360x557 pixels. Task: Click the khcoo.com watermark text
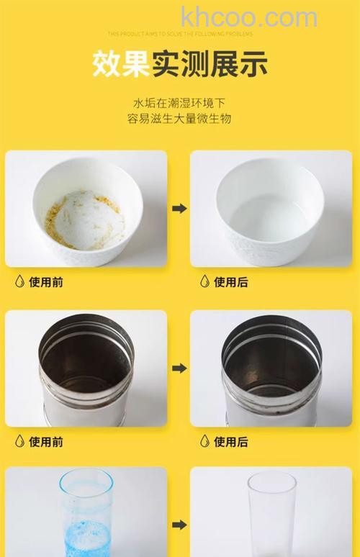pyautogui.click(x=248, y=17)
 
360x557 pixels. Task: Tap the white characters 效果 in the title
pyautogui.click(x=120, y=64)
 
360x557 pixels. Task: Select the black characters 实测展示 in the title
pyautogui.click(x=209, y=64)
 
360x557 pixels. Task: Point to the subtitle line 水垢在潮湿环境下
pyautogui.click(x=180, y=102)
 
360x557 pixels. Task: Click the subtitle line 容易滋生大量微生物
pyautogui.click(x=180, y=119)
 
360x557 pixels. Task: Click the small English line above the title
pyautogui.click(x=180, y=33)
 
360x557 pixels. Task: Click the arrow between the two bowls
pyautogui.click(x=179, y=209)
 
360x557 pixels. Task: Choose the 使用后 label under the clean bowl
pyautogui.click(x=231, y=282)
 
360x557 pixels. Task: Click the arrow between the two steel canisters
pyautogui.click(x=179, y=368)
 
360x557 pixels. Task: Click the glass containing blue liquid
pyautogui.click(x=86, y=512)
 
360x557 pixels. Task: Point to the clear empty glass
pyautogui.click(x=271, y=514)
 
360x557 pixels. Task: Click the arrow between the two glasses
pyautogui.click(x=179, y=525)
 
